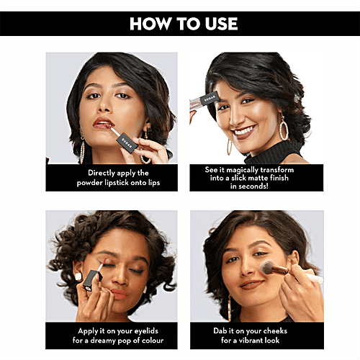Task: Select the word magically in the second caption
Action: (242, 170)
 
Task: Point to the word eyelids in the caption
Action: (146, 331)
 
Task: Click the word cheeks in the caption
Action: (275, 331)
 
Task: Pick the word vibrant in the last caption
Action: (253, 341)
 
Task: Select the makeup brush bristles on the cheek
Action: (266, 268)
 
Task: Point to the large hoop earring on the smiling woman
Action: (284, 127)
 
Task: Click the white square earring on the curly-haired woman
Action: (78, 276)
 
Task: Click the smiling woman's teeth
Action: (243, 131)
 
